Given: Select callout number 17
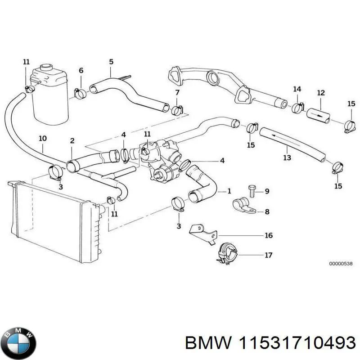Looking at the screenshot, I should point(268,255).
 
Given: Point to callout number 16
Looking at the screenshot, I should point(268,235).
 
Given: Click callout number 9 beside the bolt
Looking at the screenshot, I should point(267,192).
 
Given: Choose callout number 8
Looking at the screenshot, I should point(267,211).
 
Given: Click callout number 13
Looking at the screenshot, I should point(287,157).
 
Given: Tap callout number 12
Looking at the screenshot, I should point(320,93).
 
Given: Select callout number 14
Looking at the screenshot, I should point(297,89).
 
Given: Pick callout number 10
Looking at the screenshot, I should point(42,138).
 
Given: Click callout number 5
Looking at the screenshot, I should point(111,61).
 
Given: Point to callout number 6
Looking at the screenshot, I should point(81,70).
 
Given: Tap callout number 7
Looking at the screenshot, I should point(177,93).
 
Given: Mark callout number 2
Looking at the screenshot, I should point(72,141).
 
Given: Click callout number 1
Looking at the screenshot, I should point(229,191).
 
